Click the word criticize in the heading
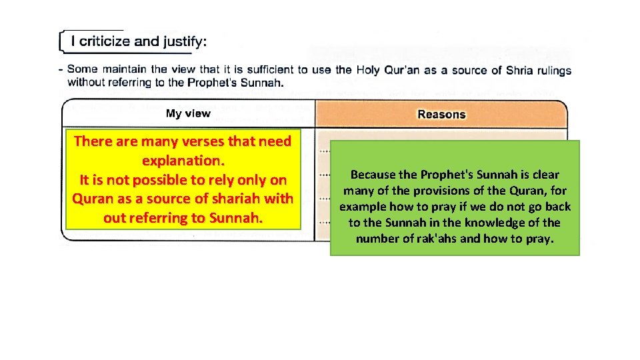(104, 41)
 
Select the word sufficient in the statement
(270, 69)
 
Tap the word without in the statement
(87, 83)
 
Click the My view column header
(187, 113)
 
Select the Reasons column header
(441, 114)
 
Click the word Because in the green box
(374, 175)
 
